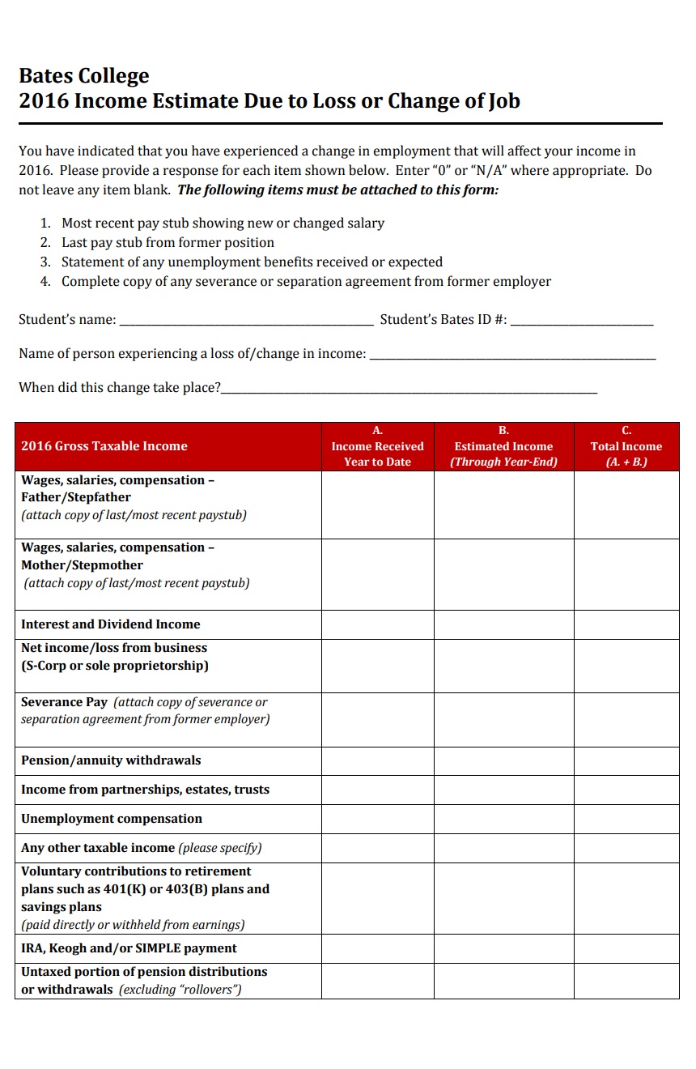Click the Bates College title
click(84, 76)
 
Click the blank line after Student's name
click(246, 321)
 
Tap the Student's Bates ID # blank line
click(582, 321)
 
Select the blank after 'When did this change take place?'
click(409, 389)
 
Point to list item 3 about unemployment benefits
click(252, 262)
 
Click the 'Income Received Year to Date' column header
click(377, 446)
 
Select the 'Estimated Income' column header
click(503, 446)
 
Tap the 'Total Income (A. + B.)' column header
click(626, 446)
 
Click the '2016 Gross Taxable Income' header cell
click(104, 446)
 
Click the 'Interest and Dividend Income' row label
click(111, 624)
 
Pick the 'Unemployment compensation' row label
click(112, 819)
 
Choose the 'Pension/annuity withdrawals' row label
click(111, 760)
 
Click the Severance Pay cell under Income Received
click(377, 719)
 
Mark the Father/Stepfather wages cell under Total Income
click(626, 505)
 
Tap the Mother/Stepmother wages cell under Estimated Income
click(503, 574)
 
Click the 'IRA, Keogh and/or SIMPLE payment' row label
click(129, 948)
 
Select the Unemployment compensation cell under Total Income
click(626, 819)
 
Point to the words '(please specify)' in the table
click(220, 848)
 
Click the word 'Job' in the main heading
click(504, 101)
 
